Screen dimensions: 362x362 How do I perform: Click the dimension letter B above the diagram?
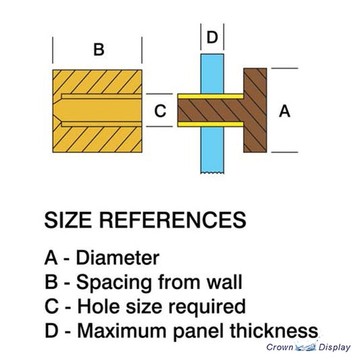99,49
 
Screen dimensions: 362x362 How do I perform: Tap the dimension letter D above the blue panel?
212,37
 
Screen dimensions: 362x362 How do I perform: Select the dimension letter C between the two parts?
160,111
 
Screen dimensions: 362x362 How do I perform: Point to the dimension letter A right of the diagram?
284,111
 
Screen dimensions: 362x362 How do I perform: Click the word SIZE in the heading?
68,220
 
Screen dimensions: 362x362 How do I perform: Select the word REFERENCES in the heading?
173,220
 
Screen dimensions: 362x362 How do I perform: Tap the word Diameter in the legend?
118,258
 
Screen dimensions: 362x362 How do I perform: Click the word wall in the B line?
224,281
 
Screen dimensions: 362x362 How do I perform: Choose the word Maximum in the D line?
122,331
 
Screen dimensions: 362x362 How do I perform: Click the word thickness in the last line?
274,331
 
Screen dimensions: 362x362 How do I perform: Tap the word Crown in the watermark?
279,347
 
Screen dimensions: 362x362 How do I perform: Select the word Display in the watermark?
334,347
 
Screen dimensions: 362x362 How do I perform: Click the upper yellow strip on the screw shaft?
210,96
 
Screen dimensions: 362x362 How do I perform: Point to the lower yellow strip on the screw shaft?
210,125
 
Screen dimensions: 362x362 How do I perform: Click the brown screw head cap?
255,110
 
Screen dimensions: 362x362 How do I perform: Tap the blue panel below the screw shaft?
212,150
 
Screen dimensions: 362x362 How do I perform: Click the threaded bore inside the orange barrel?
99,110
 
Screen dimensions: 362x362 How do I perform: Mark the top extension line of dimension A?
285,68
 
